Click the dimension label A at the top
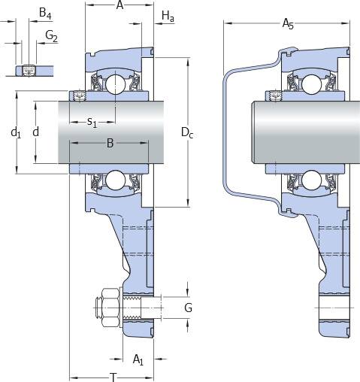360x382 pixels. (120, 5)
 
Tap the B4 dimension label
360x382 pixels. (45, 13)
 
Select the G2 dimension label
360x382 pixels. (52, 36)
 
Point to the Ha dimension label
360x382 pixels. (168, 17)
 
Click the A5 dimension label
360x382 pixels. (288, 24)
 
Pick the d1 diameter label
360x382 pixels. (16, 132)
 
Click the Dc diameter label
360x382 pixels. (187, 132)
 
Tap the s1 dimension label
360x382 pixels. (92, 123)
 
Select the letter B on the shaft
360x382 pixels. (110, 143)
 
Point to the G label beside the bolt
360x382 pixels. (188, 308)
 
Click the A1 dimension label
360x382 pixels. (138, 359)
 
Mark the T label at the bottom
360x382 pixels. (113, 377)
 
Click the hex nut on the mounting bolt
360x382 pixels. (110, 308)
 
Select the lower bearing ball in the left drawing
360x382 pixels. (115, 180)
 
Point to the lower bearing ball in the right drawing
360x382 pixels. (311, 180)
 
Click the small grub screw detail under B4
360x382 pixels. (29, 71)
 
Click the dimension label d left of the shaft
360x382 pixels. (36, 132)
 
